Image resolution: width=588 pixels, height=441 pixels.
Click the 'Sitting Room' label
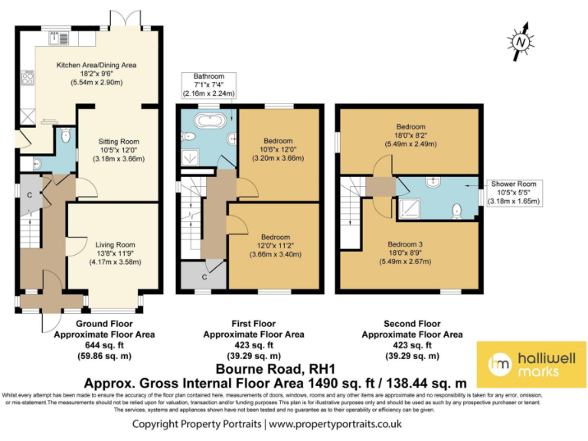[119, 142]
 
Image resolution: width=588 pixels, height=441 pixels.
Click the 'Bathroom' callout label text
[208, 76]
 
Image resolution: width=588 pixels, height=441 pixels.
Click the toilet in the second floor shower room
[457, 208]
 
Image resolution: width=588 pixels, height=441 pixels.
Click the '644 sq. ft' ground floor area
[104, 345]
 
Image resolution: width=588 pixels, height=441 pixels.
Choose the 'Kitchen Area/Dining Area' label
[96, 65]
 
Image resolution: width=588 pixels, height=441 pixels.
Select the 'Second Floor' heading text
[411, 324]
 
